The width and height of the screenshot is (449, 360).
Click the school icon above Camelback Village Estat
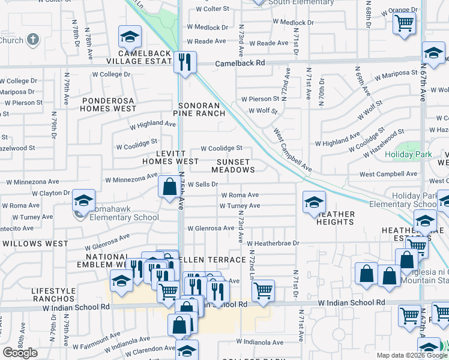(x=130, y=38)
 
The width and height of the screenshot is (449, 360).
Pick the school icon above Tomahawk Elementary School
(x=83, y=201)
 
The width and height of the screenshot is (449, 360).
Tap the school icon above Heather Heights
(x=313, y=203)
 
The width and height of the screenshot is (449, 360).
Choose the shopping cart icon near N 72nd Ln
(x=263, y=292)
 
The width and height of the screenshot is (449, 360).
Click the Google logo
(x=20, y=353)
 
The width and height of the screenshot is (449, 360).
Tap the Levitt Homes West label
(x=170, y=158)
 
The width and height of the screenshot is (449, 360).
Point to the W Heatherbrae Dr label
(x=273, y=244)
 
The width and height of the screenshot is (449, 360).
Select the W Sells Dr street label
(x=202, y=185)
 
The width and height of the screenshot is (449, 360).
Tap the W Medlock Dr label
(x=208, y=27)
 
